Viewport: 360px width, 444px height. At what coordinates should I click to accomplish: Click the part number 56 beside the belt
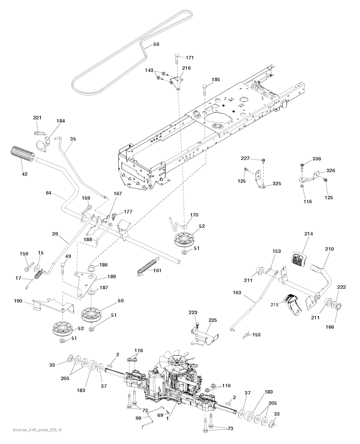point(156,44)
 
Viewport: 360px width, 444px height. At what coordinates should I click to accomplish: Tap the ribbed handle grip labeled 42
point(21,155)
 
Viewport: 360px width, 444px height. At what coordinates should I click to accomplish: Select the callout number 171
point(189,57)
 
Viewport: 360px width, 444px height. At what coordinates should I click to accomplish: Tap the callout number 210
point(329,249)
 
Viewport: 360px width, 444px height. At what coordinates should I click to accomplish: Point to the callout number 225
point(213,321)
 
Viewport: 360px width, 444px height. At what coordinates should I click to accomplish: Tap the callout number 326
point(330,171)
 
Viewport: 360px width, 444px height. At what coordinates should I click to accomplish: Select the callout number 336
point(317,159)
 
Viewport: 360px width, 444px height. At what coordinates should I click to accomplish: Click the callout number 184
point(61,121)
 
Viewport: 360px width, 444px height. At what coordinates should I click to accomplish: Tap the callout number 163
point(238,292)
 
